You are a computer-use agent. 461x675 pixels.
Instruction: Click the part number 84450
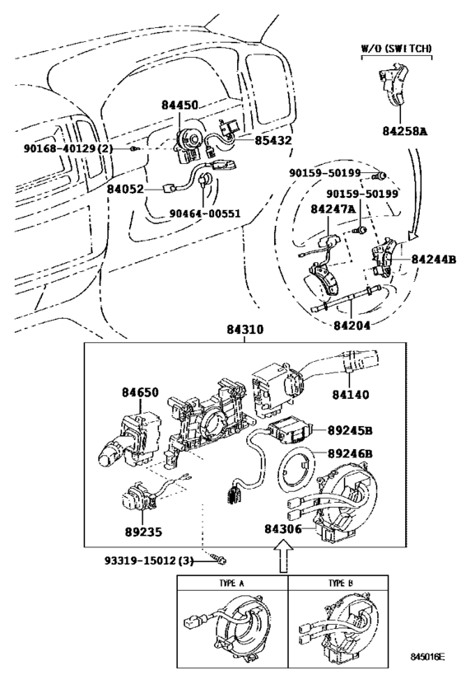(x=181, y=105)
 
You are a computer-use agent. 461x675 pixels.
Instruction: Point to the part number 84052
(x=125, y=189)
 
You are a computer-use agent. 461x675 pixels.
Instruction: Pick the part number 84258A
(x=404, y=130)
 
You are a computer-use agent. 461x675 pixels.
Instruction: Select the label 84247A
(x=333, y=209)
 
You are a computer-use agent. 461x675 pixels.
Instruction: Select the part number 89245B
(x=350, y=429)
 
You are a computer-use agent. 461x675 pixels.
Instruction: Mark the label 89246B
(x=350, y=453)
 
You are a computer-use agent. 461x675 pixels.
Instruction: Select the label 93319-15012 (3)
(x=146, y=560)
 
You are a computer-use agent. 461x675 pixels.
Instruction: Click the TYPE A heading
(x=233, y=584)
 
